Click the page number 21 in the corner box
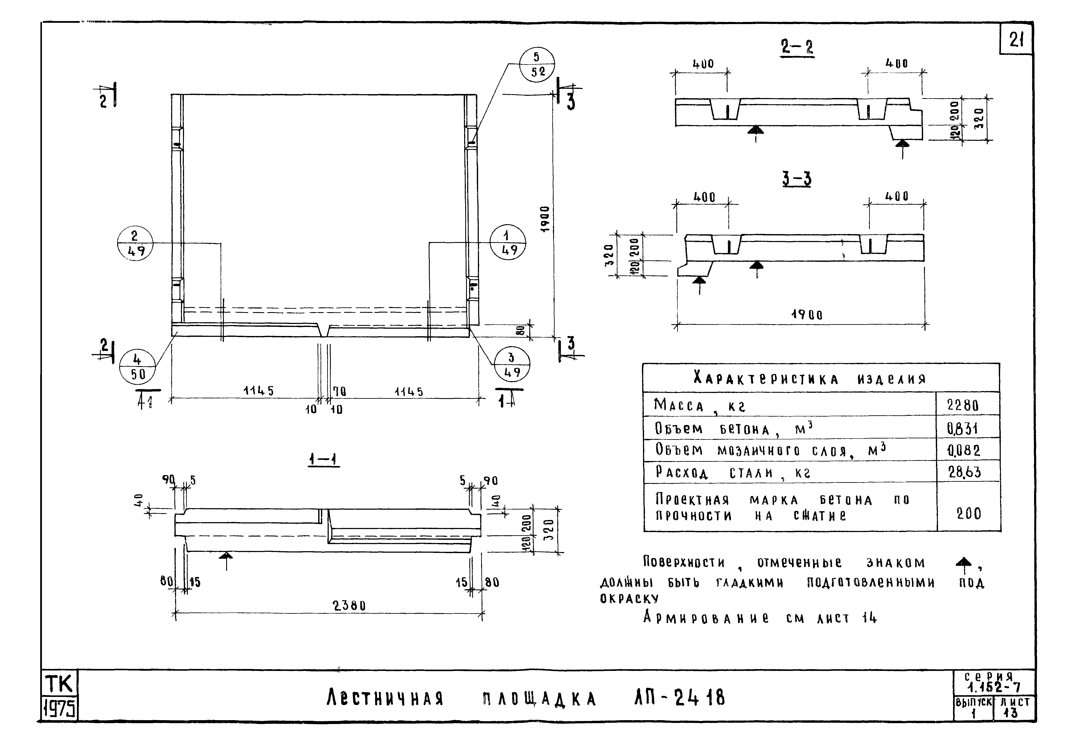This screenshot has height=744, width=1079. click(x=1016, y=41)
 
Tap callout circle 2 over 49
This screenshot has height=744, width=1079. click(x=135, y=243)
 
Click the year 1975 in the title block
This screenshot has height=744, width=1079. click(x=59, y=710)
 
